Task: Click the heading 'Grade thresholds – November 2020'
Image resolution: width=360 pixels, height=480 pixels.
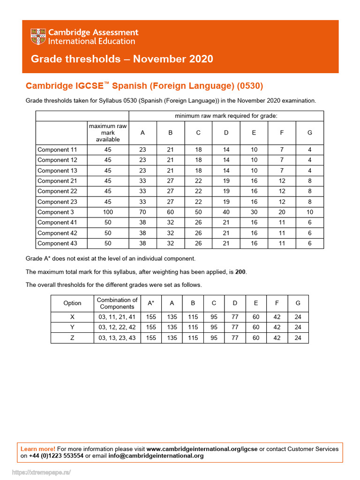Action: (122, 59)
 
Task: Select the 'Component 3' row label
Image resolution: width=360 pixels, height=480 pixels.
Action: (56, 212)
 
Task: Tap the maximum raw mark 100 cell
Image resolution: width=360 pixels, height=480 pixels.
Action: (108, 212)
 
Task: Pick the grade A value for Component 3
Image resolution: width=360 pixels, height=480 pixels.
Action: (142, 212)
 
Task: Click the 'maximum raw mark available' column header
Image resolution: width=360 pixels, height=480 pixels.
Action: (108, 133)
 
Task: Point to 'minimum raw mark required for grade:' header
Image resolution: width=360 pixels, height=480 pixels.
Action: (226, 116)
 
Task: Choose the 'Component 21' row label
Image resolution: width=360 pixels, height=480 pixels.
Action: (57, 181)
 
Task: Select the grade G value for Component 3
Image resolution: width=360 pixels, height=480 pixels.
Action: (309, 212)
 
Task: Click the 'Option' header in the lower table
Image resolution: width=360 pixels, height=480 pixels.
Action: (72, 303)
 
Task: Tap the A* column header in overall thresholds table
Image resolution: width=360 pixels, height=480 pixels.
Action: (151, 303)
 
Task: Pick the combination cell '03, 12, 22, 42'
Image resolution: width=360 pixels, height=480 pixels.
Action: (117, 327)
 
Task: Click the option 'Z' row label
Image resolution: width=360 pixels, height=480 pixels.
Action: (72, 337)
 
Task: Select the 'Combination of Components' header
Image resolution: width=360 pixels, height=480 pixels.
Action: (117, 303)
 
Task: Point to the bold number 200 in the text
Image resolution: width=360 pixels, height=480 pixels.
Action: (240, 272)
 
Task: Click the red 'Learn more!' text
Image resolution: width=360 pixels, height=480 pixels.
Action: (38, 449)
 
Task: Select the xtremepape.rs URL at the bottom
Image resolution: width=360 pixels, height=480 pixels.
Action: (41, 472)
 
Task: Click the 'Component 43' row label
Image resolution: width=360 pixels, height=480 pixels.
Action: (57, 243)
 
